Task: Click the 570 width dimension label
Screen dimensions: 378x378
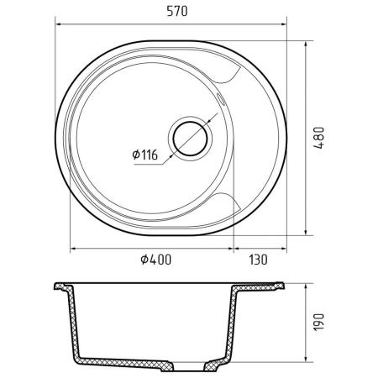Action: (x=177, y=11)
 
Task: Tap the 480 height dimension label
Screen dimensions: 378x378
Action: (x=318, y=138)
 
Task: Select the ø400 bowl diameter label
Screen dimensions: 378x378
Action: (x=155, y=260)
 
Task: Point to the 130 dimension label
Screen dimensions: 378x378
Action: (x=258, y=260)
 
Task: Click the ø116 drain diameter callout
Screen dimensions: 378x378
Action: (x=145, y=155)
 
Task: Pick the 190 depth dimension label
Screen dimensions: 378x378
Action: (x=319, y=322)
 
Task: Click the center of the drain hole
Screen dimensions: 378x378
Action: (x=190, y=139)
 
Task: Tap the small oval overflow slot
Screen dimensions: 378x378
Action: (x=220, y=99)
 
